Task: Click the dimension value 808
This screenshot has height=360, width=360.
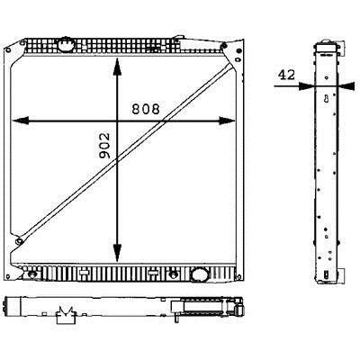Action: [146, 109]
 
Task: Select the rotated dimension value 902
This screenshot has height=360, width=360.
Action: [104, 146]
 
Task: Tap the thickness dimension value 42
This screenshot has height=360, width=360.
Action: [286, 75]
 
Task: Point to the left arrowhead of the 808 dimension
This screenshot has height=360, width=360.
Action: [21, 121]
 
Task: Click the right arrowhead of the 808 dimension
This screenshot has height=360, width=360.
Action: [227, 121]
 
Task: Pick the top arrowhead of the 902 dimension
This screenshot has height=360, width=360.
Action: [117, 67]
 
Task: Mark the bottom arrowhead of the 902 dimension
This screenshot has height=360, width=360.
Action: [117, 253]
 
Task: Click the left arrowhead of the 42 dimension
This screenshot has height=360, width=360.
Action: [306, 86]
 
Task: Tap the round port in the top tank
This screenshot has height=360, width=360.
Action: [66, 45]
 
